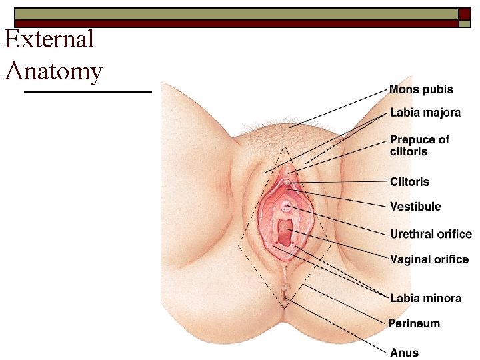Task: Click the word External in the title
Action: click(49, 39)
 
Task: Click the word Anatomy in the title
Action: click(53, 71)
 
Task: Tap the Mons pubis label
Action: click(421, 89)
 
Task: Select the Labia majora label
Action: click(425, 113)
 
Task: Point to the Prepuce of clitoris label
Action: click(419, 145)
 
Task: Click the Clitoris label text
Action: click(409, 181)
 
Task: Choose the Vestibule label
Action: click(415, 207)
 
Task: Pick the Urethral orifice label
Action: click(430, 234)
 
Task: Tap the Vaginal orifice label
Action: click(429, 259)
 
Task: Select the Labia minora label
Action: click(425, 298)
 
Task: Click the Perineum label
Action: click(414, 323)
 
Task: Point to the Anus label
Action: click(404, 351)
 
